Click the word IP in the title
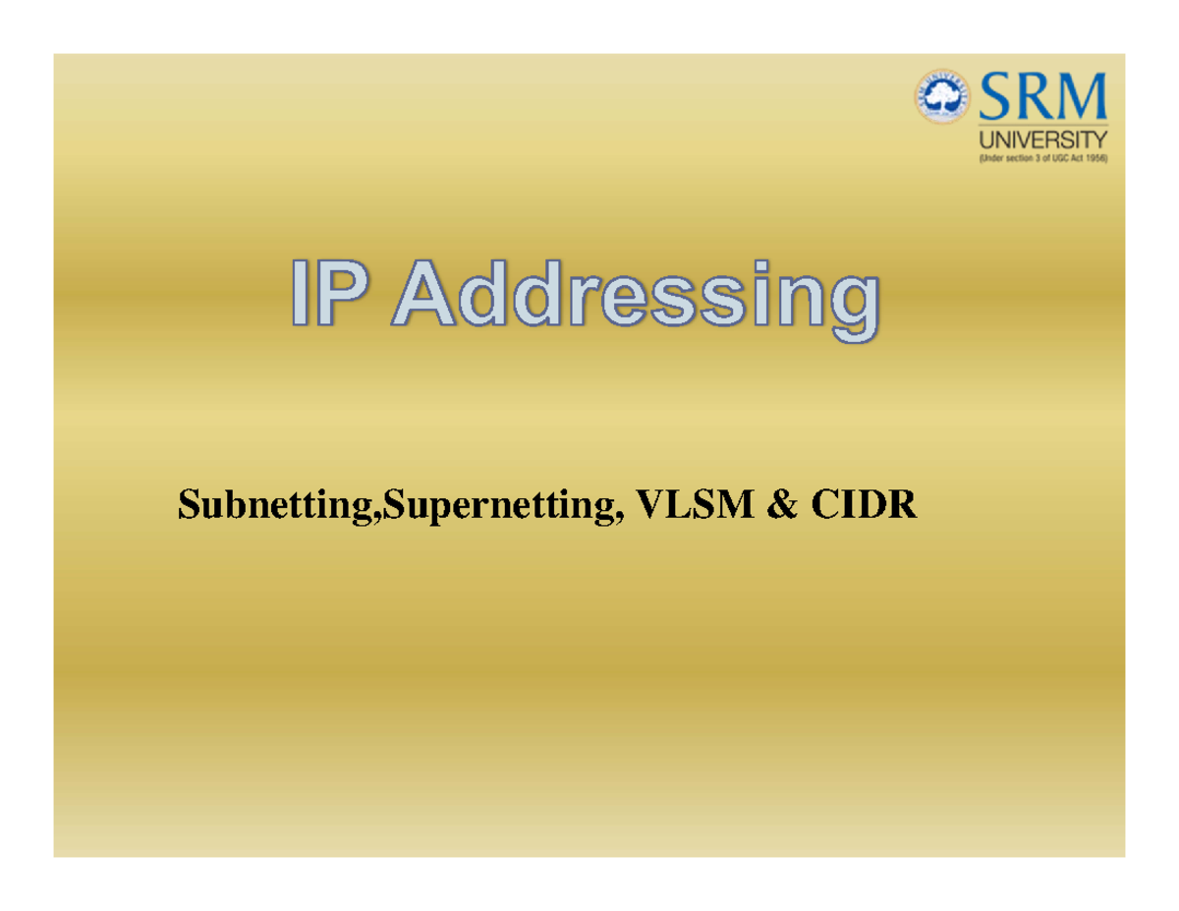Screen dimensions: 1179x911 (x=329, y=293)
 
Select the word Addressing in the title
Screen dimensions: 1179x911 (x=636, y=301)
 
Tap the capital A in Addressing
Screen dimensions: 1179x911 (x=423, y=293)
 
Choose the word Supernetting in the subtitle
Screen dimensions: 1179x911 (x=502, y=506)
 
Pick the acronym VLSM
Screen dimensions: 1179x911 (x=695, y=504)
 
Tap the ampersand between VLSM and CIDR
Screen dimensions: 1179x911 (x=782, y=504)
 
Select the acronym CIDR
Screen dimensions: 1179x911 (x=864, y=504)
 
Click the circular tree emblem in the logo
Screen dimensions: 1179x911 (x=943, y=96)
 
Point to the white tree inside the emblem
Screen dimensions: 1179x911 (x=943, y=96)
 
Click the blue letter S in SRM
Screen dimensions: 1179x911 (x=994, y=96)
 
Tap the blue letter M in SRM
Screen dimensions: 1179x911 (x=1079, y=96)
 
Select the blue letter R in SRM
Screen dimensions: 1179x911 (x=1030, y=96)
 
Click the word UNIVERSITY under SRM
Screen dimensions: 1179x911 (x=1042, y=140)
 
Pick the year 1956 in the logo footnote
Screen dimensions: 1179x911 (x=1095, y=158)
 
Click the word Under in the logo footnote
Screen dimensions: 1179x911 (x=991, y=158)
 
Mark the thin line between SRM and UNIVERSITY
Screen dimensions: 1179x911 (x=1042, y=126)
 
